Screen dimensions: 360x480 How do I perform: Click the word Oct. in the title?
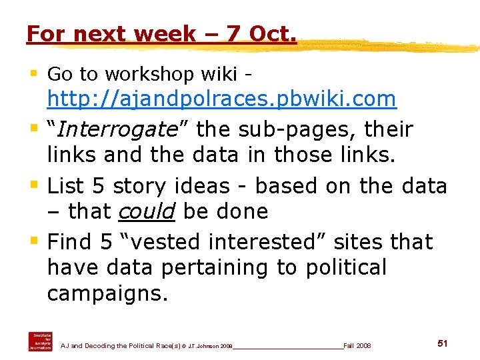point(270,33)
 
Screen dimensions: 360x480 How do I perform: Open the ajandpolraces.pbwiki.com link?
point(221,99)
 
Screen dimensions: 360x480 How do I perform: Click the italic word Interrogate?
point(115,129)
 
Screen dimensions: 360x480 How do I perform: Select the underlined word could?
point(146,211)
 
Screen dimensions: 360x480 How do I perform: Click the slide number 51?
point(442,343)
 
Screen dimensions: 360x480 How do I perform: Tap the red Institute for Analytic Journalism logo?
point(40,341)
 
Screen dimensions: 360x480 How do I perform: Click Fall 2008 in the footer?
point(357,345)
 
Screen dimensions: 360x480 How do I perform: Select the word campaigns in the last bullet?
point(107,294)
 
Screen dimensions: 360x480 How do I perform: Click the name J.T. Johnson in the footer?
point(203,345)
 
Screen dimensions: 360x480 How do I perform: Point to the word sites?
point(365,241)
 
